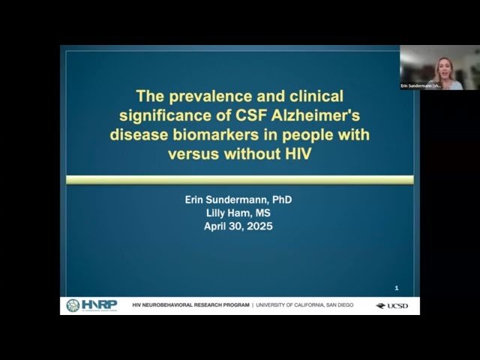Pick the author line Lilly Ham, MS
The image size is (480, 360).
[236, 212]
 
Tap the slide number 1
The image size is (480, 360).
[397, 288]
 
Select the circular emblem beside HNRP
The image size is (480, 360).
[73, 305]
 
